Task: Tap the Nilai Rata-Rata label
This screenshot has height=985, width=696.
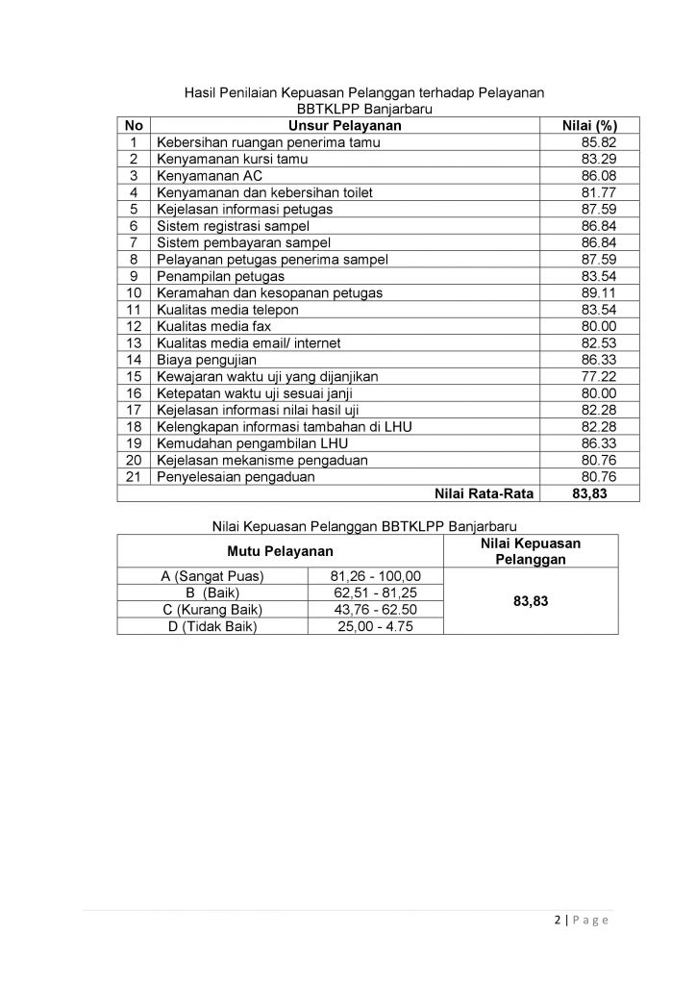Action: point(477,493)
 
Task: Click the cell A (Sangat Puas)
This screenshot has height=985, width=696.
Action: point(212,576)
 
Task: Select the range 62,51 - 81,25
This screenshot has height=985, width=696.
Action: point(375,594)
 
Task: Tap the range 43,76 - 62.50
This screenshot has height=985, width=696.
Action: point(375,610)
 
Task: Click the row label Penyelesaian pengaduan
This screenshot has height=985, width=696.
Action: point(236,476)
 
